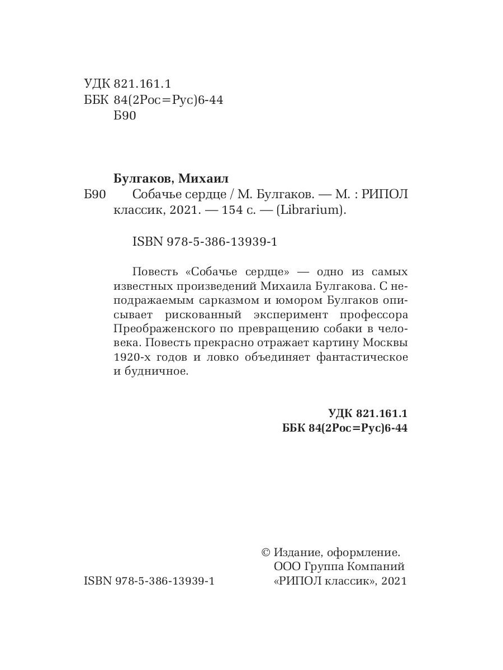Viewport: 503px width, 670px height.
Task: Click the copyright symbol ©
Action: pyautogui.click(x=266, y=553)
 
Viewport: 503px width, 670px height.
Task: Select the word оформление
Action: pyautogui.click(x=364, y=553)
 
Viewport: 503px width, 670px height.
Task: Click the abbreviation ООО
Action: pyautogui.click(x=286, y=567)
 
